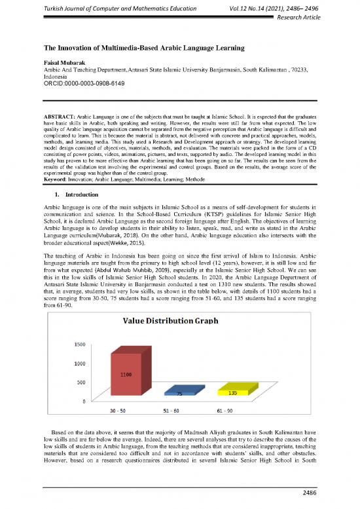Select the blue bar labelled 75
point(179,394)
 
